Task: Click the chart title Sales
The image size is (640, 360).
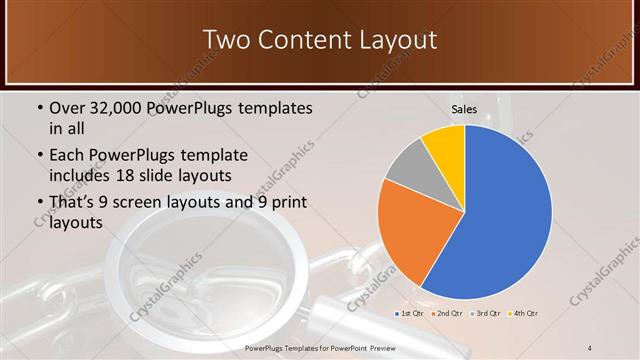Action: (464, 108)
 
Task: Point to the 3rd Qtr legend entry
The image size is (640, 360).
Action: (486, 314)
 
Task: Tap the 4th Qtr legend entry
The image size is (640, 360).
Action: (524, 314)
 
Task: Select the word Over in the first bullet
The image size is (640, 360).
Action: (67, 107)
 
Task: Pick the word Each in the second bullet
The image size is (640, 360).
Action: (67, 156)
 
